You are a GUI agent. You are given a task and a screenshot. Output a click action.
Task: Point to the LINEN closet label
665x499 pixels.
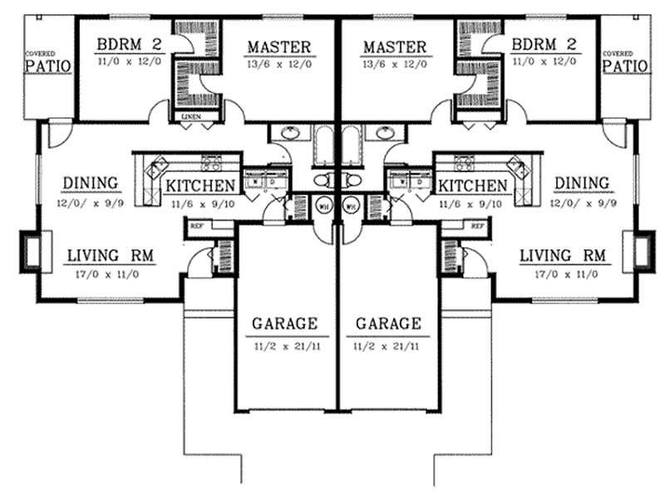pos(190,117)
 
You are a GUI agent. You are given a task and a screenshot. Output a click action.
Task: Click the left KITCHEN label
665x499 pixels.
pos(200,185)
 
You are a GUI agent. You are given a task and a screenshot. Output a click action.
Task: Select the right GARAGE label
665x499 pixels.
pos(387,323)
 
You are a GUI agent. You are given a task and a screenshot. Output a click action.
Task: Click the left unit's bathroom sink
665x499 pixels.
pos(291,133)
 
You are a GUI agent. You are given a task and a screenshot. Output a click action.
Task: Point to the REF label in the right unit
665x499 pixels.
pos(477,225)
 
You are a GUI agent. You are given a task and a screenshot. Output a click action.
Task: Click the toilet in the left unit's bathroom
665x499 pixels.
pos(323,180)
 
